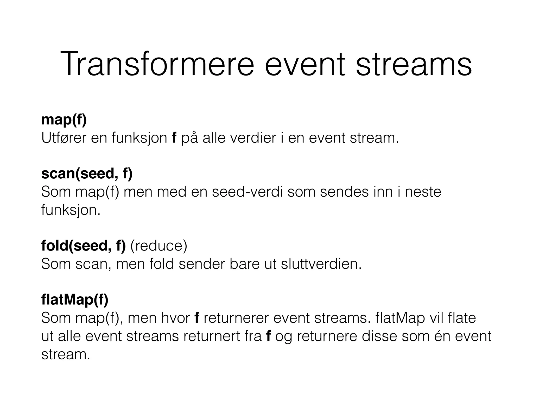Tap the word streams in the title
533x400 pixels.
coord(414,64)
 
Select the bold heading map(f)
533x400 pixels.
coord(64,120)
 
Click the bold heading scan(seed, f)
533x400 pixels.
coord(87,174)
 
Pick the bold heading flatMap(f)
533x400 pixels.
coord(75,299)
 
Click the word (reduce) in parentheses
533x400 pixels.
coord(159,246)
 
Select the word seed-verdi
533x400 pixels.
coord(247,192)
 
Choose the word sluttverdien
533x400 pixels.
coord(321,264)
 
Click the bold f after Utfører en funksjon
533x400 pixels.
coord(174,138)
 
